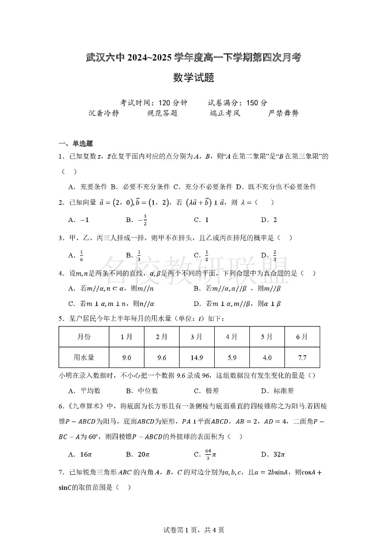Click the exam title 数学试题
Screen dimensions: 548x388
click(194, 78)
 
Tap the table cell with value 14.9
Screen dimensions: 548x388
click(197, 358)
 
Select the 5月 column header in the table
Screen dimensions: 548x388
click(267, 337)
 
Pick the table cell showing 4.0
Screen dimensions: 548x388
click(267, 358)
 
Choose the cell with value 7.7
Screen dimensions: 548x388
click(302, 358)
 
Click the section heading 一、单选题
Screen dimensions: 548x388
click(76, 143)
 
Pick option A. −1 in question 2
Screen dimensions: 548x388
click(79, 220)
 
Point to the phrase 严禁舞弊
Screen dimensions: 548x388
click(283, 113)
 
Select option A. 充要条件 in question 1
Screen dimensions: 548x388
click(87, 186)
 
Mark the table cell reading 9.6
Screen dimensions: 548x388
click(162, 358)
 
